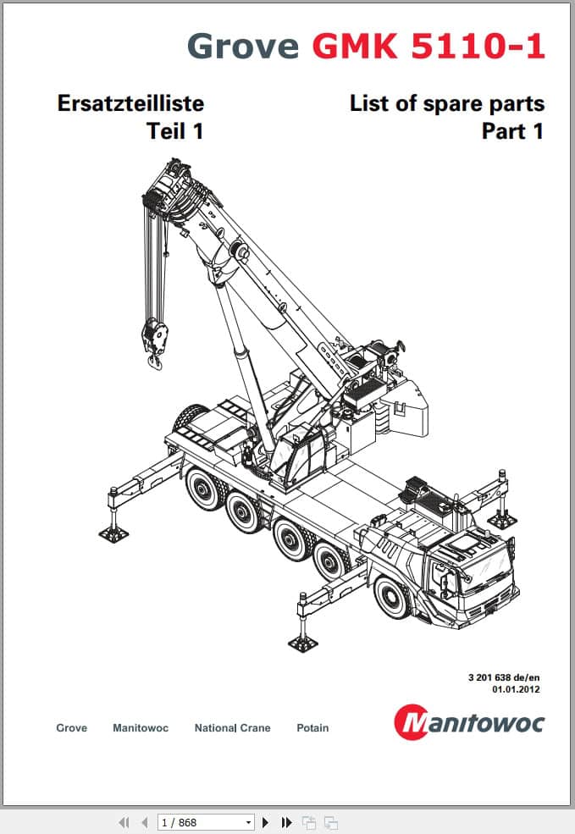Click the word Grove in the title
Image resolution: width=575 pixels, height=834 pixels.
click(243, 46)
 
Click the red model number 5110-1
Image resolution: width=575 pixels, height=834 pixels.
click(478, 46)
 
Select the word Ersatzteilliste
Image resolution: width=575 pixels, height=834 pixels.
click(131, 103)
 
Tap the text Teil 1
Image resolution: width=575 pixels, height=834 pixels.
click(175, 131)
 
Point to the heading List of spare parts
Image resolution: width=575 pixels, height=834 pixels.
click(447, 103)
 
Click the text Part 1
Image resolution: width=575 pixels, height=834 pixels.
click(513, 131)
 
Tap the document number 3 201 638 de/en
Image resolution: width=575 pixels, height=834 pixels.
click(504, 677)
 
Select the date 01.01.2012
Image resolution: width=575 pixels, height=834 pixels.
click(516, 689)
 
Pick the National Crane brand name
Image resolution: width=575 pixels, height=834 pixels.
click(232, 727)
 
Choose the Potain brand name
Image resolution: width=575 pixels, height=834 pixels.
click(312, 727)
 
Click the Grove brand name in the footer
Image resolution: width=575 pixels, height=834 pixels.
click(72, 727)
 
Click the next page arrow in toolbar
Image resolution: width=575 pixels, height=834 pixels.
click(266, 822)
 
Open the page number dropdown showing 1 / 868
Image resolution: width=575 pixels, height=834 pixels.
click(206, 822)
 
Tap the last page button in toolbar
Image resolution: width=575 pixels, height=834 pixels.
click(287, 822)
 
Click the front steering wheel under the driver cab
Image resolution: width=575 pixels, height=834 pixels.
click(393, 598)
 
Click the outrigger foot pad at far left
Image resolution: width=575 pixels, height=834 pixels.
click(113, 533)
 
